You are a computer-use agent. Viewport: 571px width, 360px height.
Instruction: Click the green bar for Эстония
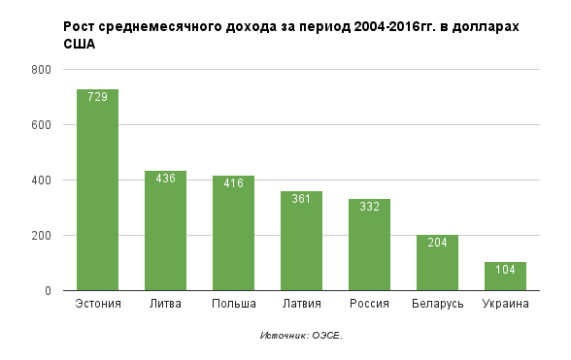coord(97,194)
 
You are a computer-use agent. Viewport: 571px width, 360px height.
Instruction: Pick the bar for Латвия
coord(301,247)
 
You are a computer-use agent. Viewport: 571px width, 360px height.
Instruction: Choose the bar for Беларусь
coord(437,267)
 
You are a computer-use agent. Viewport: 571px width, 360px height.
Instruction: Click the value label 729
coord(97,97)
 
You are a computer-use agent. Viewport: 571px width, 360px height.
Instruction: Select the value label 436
coord(165,179)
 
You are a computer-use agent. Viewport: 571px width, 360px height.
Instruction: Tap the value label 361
coord(301,199)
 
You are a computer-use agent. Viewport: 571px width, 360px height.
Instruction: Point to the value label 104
coord(505,270)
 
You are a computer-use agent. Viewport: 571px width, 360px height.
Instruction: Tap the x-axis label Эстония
coord(97,305)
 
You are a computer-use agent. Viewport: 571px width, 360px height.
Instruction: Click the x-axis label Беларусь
coord(437,305)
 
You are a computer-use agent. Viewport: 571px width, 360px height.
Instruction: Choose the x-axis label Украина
coord(505,305)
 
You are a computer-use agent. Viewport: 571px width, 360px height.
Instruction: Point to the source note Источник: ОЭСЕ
coord(301,336)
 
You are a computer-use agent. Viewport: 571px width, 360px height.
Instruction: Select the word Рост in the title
coord(80,26)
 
